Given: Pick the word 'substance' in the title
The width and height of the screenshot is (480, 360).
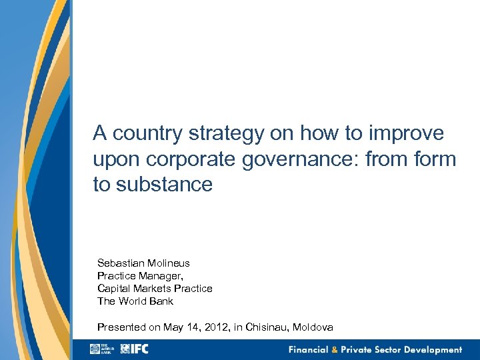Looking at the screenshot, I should (164, 185).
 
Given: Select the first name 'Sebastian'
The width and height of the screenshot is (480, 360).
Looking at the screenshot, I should (119, 263).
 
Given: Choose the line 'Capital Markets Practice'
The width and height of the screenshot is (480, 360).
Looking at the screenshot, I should (155, 289).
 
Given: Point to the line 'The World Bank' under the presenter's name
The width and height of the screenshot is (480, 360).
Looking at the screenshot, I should (135, 301).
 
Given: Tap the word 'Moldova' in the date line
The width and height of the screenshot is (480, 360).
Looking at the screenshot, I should (310, 327).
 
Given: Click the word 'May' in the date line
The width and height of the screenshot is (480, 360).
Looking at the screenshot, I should (173, 327).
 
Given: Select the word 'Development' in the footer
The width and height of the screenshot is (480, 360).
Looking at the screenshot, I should (431, 350).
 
